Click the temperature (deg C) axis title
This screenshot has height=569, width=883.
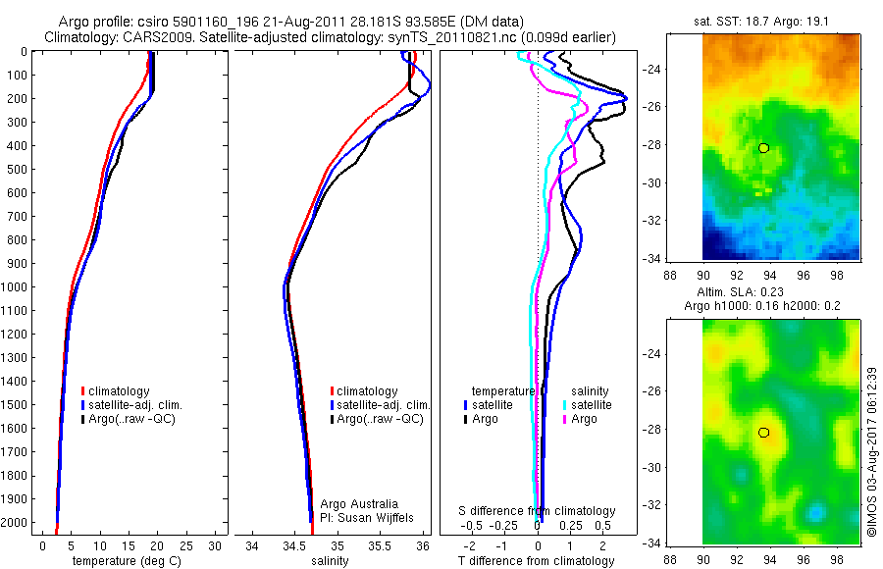coord(118,561)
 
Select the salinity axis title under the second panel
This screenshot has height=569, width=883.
coord(329,561)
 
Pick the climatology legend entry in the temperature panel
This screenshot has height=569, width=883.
coord(121,391)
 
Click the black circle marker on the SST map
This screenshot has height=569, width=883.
coord(763,148)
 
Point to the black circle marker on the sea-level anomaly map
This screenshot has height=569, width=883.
coord(763,433)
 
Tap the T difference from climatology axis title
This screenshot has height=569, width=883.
coord(539,561)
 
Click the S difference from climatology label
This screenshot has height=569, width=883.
coord(538,511)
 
